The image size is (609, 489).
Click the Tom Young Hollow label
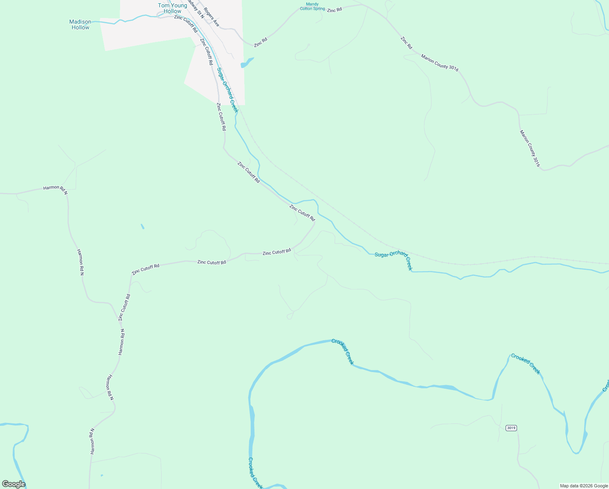click(x=173, y=8)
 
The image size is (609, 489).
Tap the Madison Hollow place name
click(x=80, y=24)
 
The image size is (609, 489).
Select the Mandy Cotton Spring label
click(x=313, y=7)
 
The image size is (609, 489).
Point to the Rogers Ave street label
click(x=212, y=17)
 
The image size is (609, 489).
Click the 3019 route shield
click(x=511, y=428)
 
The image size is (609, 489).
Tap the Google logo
click(x=13, y=484)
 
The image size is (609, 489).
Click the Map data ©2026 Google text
click(x=584, y=486)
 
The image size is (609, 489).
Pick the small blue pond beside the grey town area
click(x=247, y=63)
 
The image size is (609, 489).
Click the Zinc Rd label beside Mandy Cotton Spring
click(x=334, y=10)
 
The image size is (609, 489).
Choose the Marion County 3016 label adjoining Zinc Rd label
click(x=440, y=63)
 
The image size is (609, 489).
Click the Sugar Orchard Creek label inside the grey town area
click(x=227, y=90)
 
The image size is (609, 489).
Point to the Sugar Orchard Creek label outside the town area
click(x=393, y=260)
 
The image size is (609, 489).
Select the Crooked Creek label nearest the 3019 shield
click(x=526, y=364)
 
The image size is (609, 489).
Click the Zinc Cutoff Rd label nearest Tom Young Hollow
click(x=186, y=24)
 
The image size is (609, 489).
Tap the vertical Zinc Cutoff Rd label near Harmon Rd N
click(x=124, y=307)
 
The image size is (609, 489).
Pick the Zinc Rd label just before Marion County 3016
click(x=406, y=43)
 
